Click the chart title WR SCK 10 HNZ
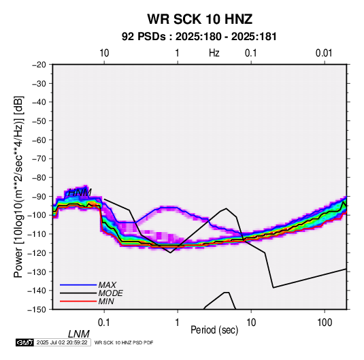coord(199,19)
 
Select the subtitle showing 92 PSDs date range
coord(199,37)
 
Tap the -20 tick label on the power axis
coord(39,65)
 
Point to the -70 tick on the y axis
coord(39,159)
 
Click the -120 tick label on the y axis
coord(37,252)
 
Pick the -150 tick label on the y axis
coord(37,310)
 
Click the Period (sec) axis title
coord(214,330)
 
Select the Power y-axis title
coord(18,186)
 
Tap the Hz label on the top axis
coord(214,53)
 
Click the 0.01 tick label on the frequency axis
coord(324,53)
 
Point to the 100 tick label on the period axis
coord(325,323)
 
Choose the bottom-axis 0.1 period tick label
coord(104,323)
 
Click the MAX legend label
coord(107,285)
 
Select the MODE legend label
coord(110,293)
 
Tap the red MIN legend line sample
coord(78,301)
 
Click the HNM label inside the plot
coord(80,193)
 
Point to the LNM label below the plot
coord(78,334)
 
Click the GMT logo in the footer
coord(24,342)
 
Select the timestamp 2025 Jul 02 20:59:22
coord(62,342)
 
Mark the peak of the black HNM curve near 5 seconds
coord(227,208)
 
